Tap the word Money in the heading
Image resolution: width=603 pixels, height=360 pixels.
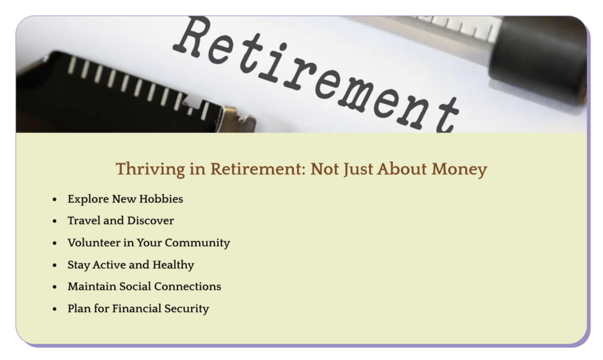[459, 169]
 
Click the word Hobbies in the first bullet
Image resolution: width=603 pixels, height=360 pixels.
[161, 199]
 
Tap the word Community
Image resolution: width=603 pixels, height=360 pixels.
[197, 243]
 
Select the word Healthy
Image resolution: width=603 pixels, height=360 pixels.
[174, 265]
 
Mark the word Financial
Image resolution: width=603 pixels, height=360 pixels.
[137, 309]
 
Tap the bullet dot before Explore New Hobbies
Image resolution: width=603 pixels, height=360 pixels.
[55, 199]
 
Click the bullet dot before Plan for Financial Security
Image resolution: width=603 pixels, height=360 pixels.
[55, 309]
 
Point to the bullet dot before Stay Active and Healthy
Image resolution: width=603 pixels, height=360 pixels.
[55, 265]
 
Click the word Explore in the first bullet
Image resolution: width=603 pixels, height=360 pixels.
[88, 199]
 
